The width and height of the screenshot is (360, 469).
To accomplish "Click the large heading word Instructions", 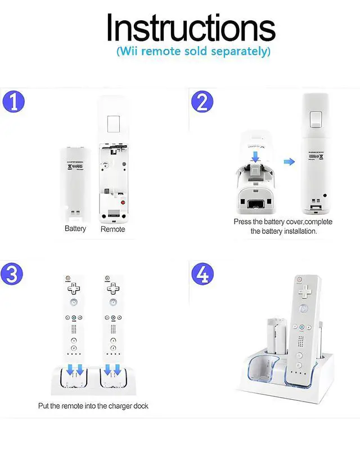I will (x=191, y=27).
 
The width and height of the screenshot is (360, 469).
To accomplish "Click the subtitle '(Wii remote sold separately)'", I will (x=193, y=51).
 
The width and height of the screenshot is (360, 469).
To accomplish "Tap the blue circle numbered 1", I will (x=13, y=103).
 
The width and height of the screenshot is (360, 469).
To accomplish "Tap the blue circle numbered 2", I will (x=202, y=103).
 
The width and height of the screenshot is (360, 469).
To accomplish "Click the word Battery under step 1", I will (x=75, y=229).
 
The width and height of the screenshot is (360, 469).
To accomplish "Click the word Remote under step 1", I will (x=112, y=229).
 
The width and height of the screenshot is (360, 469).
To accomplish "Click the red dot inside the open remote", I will (x=123, y=201).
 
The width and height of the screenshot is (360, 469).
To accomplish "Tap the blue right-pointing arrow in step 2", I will (x=289, y=162).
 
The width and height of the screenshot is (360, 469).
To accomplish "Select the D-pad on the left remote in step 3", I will (x=74, y=288).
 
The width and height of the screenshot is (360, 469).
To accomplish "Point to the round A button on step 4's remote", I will (x=304, y=309).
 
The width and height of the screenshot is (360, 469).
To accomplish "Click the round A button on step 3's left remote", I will (x=74, y=302).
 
